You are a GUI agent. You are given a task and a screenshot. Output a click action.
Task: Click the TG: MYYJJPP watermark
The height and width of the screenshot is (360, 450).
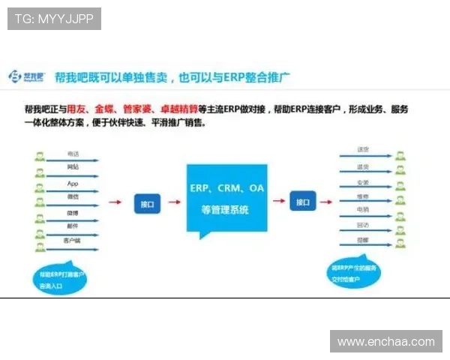tap(53, 18)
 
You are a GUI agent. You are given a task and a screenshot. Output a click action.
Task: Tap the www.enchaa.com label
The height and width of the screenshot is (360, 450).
tap(385, 341)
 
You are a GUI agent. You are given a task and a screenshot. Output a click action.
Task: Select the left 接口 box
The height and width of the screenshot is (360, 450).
tap(147, 202)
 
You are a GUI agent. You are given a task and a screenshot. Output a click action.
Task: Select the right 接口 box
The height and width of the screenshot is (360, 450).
tap(301, 202)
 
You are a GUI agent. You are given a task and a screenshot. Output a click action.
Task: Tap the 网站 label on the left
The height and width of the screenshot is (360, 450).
tap(73, 167)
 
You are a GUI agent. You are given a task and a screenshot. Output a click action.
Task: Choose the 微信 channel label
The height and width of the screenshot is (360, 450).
tap(73, 196)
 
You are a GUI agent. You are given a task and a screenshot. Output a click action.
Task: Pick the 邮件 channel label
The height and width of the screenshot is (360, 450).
tap(73, 225)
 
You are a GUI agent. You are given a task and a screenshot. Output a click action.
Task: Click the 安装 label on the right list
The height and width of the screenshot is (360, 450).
tap(363, 182)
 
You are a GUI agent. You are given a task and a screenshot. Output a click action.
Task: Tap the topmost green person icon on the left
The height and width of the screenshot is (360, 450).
tap(40, 157)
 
